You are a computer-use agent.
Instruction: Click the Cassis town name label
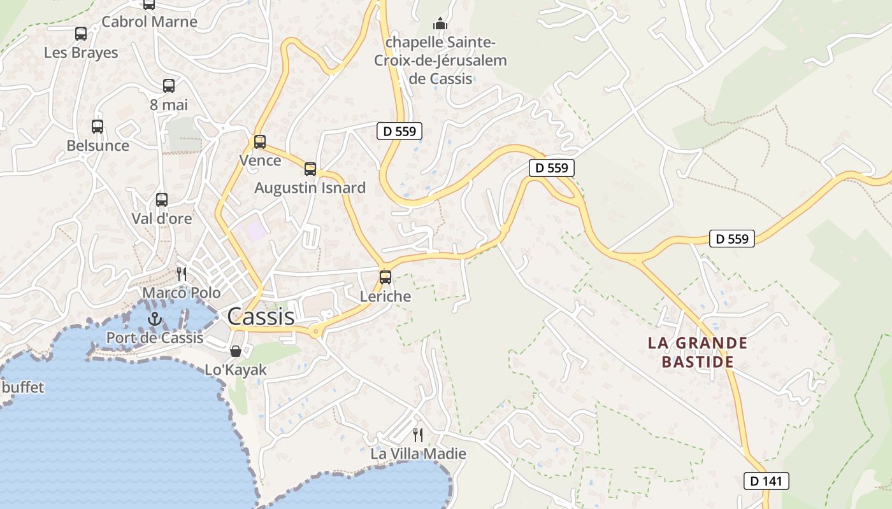pyautogui.click(x=261, y=316)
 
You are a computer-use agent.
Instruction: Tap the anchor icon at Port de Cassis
pyautogui.click(x=155, y=319)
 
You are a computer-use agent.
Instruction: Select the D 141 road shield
pyautogui.click(x=766, y=481)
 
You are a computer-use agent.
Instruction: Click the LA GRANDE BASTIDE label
pyautogui.click(x=697, y=352)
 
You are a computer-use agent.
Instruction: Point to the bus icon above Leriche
pyautogui.click(x=385, y=277)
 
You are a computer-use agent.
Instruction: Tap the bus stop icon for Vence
pyautogui.click(x=260, y=142)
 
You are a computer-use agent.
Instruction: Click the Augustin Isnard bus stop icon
pyautogui.click(x=310, y=169)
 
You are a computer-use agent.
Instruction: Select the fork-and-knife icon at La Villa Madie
pyautogui.click(x=418, y=435)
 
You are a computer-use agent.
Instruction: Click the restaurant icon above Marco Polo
pyautogui.click(x=182, y=274)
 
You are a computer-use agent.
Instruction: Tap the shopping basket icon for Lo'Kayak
pyautogui.click(x=236, y=351)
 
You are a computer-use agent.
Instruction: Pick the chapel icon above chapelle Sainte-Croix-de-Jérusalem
pyautogui.click(x=440, y=24)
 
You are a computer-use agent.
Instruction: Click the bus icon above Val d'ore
pyautogui.click(x=162, y=200)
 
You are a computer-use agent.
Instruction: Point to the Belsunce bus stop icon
pyautogui.click(x=97, y=127)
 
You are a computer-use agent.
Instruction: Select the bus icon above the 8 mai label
pyautogui.click(x=169, y=86)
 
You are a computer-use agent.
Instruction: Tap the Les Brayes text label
pyautogui.click(x=81, y=53)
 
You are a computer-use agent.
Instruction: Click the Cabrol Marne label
pyautogui.click(x=150, y=22)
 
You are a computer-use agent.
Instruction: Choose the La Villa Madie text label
pyautogui.click(x=419, y=454)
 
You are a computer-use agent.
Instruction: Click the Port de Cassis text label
pyautogui.click(x=155, y=338)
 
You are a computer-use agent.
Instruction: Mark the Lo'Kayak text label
pyautogui.click(x=236, y=370)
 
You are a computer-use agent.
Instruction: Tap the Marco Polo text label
pyautogui.click(x=182, y=293)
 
